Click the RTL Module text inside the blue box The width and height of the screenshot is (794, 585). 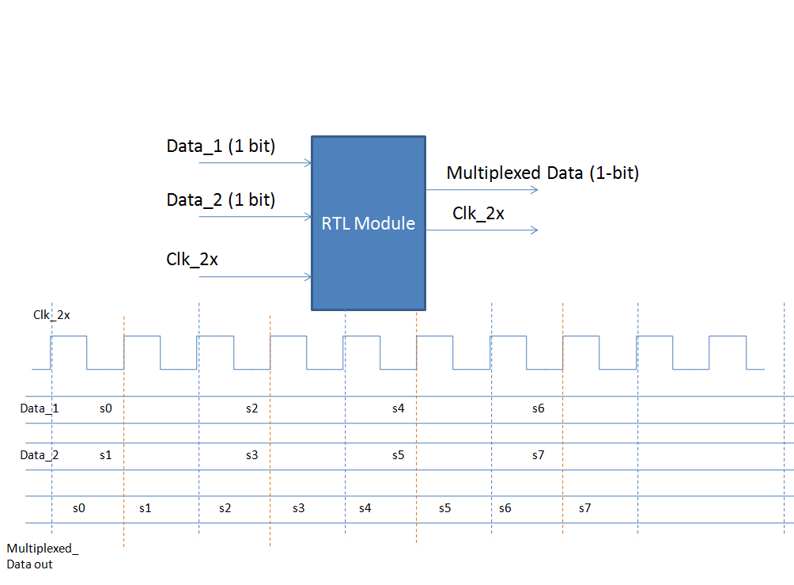point(368,224)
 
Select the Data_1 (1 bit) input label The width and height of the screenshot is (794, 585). point(221,146)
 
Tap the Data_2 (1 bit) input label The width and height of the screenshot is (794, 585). point(221,200)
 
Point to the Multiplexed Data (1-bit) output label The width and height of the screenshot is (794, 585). point(543,173)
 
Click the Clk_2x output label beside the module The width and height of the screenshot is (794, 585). point(478,213)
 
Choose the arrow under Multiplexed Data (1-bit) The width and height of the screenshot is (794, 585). point(482,190)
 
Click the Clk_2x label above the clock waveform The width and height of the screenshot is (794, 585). point(51,315)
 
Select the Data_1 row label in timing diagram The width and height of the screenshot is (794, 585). point(40,408)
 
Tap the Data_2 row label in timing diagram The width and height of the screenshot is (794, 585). point(40,455)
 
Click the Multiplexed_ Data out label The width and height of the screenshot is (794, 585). point(43,556)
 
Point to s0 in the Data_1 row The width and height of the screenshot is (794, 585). point(106,408)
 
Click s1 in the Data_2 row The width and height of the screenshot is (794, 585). point(106,455)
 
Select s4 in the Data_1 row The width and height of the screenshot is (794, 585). point(399,408)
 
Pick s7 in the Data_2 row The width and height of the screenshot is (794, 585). point(538,455)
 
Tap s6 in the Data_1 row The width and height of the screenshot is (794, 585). point(538,408)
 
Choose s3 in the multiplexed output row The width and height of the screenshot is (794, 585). point(298,508)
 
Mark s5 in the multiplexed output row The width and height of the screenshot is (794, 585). point(445,508)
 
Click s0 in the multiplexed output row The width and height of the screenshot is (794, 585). point(78,508)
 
